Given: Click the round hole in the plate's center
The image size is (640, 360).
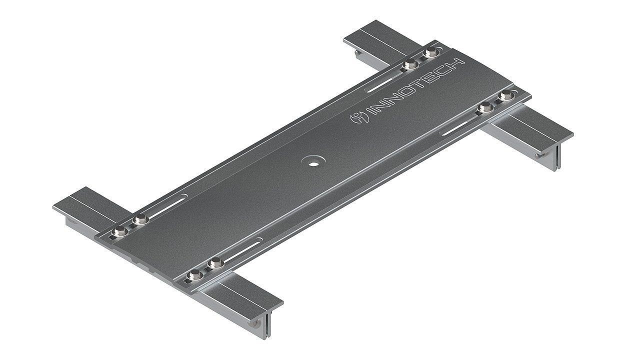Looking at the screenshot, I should pos(314,162).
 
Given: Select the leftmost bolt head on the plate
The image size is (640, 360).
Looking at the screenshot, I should pos(120,230).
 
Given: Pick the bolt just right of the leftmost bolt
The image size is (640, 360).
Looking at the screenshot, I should pos(141,218).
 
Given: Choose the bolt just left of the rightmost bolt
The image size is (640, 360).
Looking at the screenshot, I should pos(484,106).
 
